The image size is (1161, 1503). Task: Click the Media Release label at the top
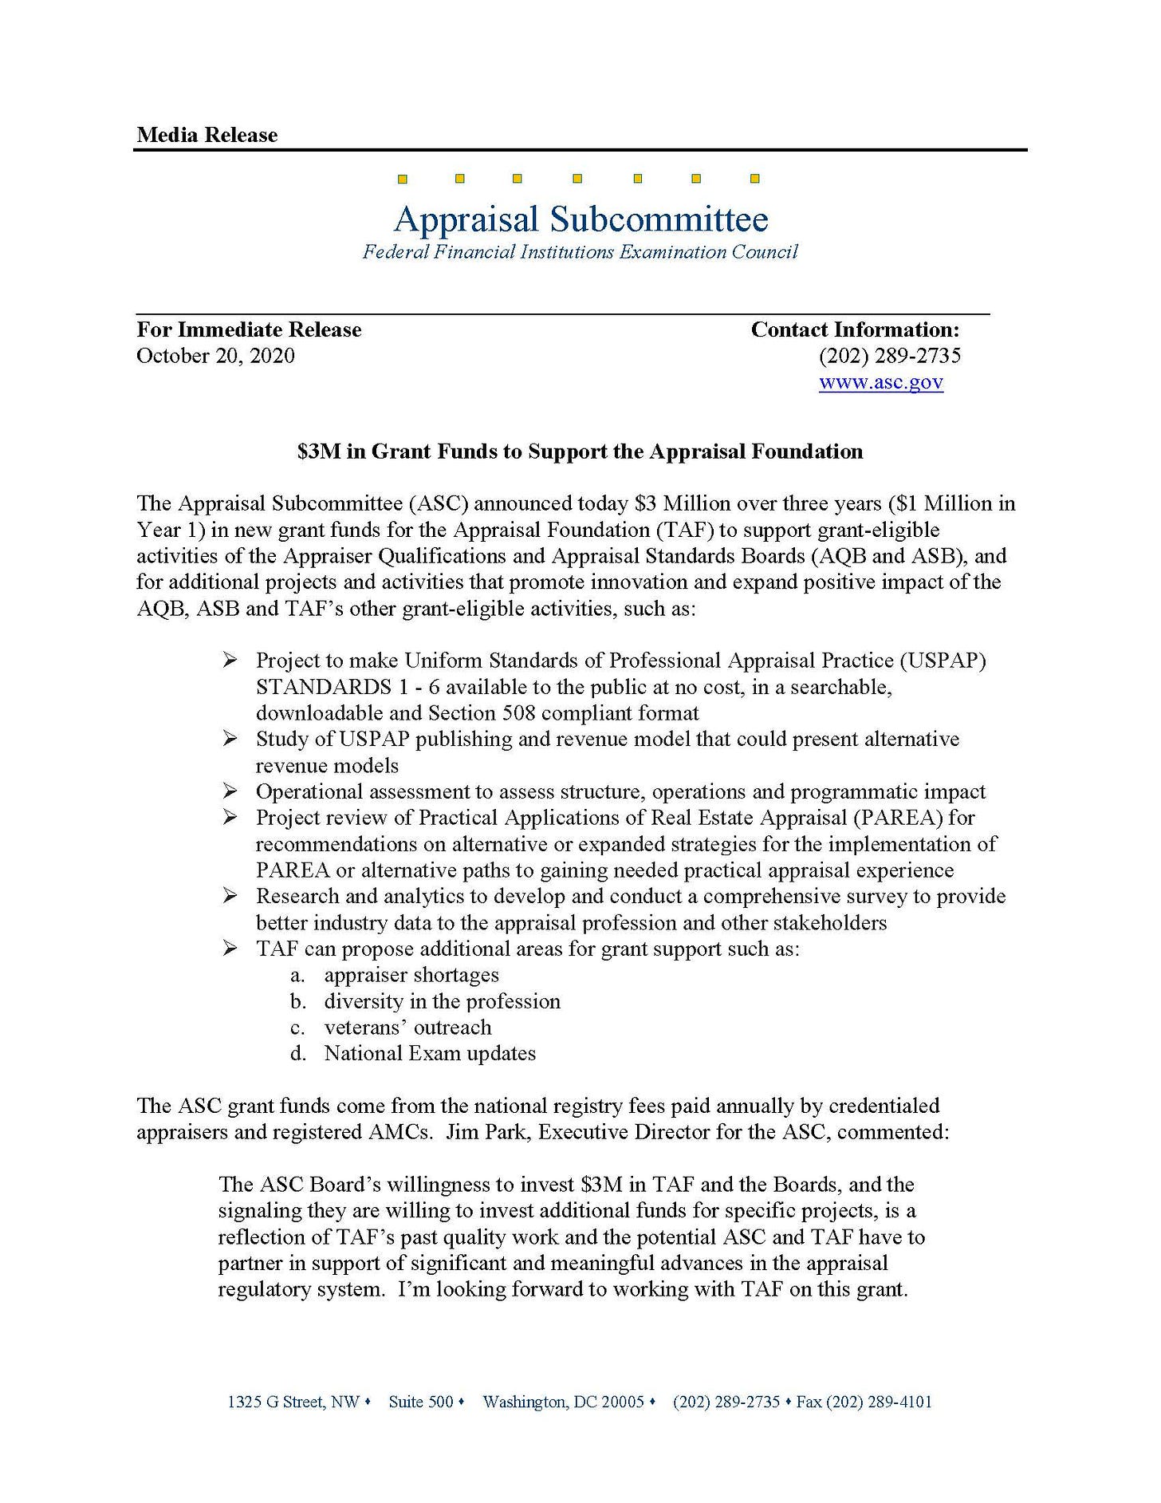[x=207, y=135]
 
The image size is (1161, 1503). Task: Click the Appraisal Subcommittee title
[x=580, y=219]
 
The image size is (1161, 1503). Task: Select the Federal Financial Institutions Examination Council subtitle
[x=580, y=252]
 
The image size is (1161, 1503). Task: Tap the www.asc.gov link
[x=880, y=382]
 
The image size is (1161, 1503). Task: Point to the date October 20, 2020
[x=215, y=356]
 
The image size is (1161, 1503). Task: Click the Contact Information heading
[x=855, y=329]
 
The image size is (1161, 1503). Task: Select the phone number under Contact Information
[x=889, y=356]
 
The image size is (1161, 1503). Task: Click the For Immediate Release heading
[x=249, y=329]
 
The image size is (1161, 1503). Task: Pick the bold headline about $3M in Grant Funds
[x=580, y=452]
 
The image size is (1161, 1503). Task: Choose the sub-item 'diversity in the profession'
[x=442, y=1001]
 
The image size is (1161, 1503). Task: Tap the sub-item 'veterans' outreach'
[x=407, y=1028]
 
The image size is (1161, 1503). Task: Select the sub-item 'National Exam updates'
[x=430, y=1054]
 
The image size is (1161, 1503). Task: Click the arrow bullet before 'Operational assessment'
[x=230, y=791]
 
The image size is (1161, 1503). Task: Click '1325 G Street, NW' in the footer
[x=293, y=1402]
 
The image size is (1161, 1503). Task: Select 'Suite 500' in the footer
[x=420, y=1402]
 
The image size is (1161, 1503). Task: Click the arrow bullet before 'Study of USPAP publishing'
[x=230, y=739]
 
